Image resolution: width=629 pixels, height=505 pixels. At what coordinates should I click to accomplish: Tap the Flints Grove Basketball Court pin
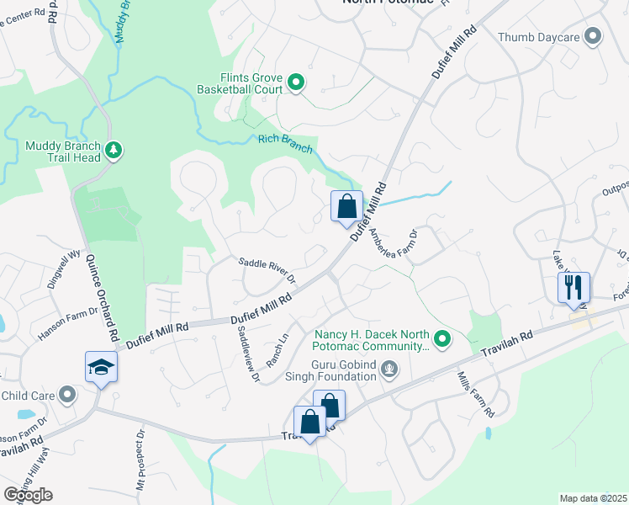coord(296,82)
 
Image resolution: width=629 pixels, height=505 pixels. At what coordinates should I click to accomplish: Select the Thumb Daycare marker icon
coord(594,36)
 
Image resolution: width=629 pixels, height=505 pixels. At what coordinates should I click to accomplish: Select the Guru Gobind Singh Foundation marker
coord(388,368)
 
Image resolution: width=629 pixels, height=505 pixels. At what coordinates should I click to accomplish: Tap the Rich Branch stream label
coord(285,144)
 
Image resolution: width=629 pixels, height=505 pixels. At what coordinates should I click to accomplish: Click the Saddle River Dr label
coord(268,269)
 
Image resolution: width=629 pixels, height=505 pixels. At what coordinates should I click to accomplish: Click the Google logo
coord(28,495)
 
